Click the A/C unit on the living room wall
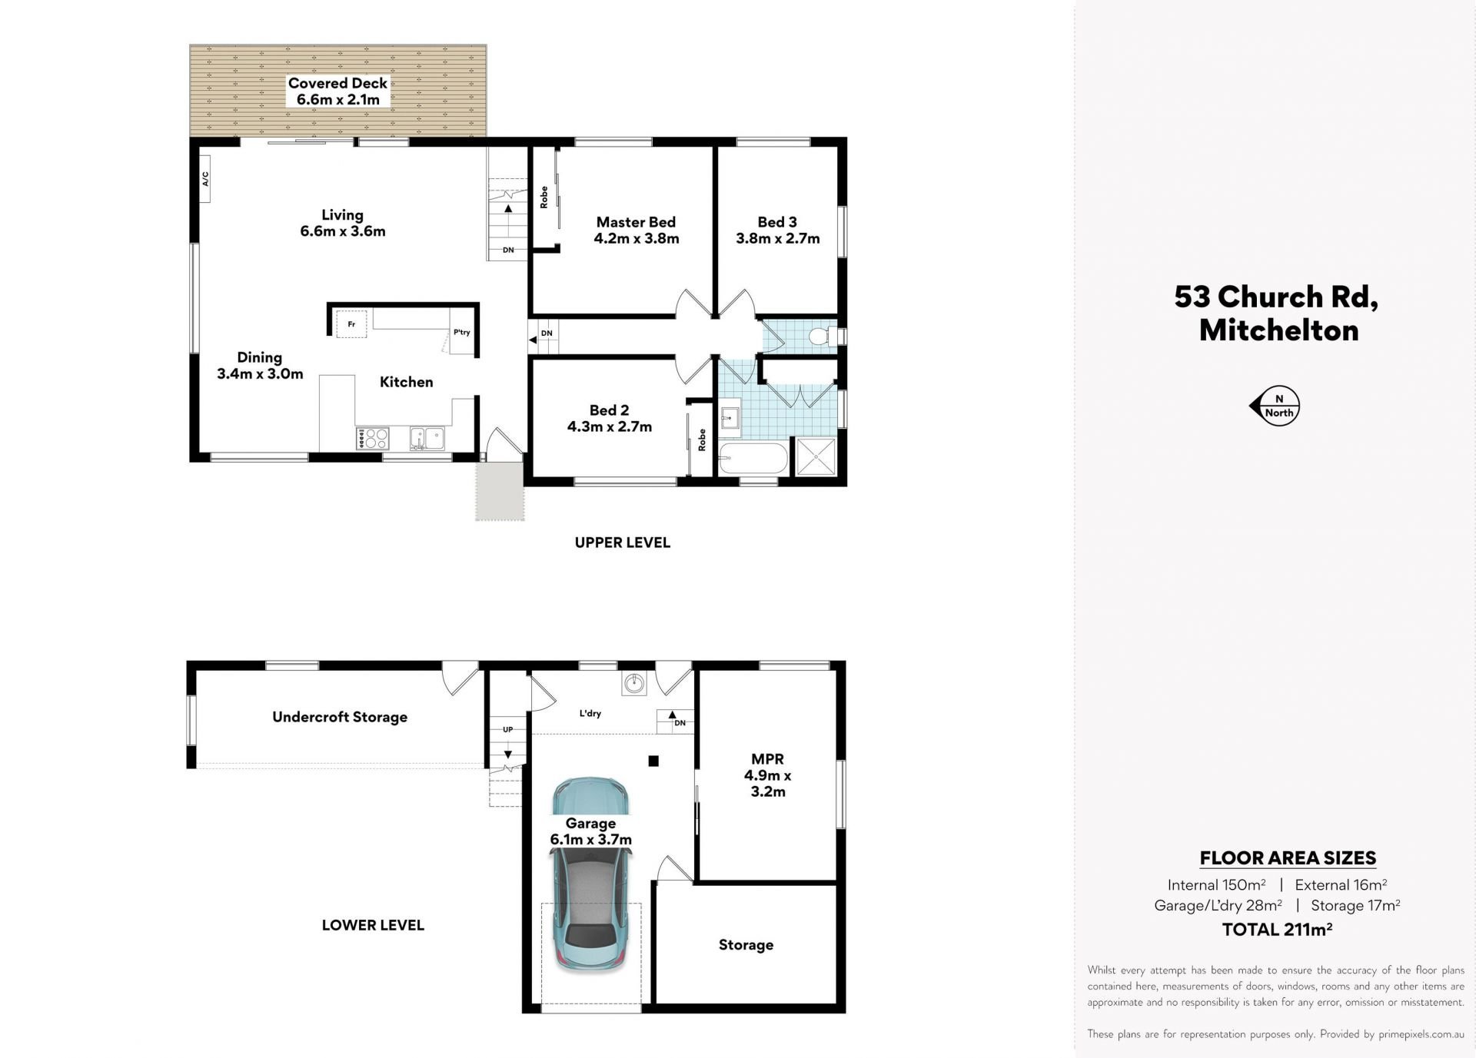(x=205, y=179)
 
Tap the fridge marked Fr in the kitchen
(x=351, y=323)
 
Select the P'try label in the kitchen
(x=461, y=333)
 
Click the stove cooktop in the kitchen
(x=373, y=438)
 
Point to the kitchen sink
(x=426, y=438)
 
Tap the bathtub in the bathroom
(x=753, y=459)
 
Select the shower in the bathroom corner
(x=816, y=457)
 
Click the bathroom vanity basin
(x=730, y=417)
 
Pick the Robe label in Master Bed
(x=544, y=197)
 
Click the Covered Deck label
(x=337, y=83)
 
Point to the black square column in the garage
(x=653, y=761)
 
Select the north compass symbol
(x=1275, y=405)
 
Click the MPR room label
(x=767, y=759)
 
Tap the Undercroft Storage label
(x=340, y=717)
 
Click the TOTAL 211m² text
(x=1277, y=929)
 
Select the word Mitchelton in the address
(x=1278, y=330)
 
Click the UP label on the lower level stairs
(x=507, y=729)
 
